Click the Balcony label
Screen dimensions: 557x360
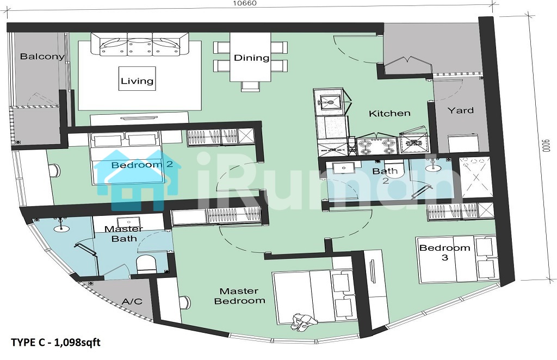coord(42,57)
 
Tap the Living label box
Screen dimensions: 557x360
coord(137,78)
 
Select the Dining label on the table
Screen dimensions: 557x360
coord(251,58)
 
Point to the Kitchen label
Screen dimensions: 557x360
coord(389,114)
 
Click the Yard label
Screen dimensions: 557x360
coord(460,110)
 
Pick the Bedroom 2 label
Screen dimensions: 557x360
coord(142,164)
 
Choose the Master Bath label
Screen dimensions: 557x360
coord(123,234)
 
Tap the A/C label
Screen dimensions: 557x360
coord(132,301)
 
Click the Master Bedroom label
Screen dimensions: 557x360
coord(240,296)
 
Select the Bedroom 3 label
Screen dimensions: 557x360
coord(445,252)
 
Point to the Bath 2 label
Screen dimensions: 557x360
coord(385,176)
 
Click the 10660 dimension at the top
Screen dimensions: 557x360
coord(244,3)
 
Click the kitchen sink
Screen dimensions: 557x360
coord(330,102)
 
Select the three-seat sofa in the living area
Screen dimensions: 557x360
coord(140,44)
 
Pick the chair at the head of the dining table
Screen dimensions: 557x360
coord(250,86)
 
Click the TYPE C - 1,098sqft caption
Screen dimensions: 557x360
coord(56,343)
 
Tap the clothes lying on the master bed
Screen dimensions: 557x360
coord(303,321)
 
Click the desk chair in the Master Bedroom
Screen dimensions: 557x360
coord(185,302)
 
